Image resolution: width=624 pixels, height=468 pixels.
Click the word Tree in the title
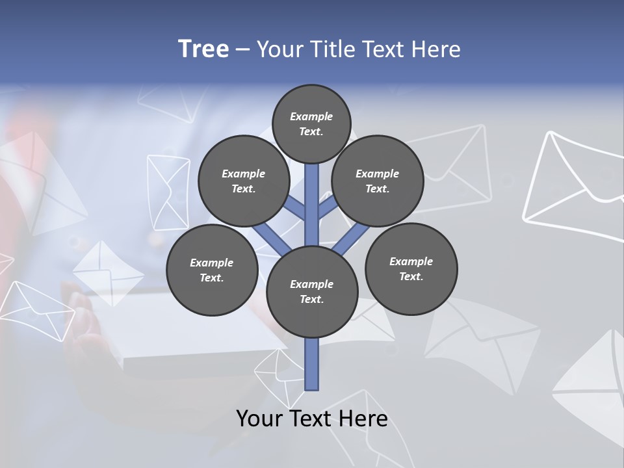point(203,49)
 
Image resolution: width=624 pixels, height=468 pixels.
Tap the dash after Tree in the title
point(242,50)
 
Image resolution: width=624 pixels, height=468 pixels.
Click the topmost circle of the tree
point(311,123)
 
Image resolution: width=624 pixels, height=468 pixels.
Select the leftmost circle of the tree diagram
point(212,270)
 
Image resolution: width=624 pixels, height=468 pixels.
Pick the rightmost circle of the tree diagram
point(411,269)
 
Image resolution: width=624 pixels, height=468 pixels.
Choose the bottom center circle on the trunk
point(312,292)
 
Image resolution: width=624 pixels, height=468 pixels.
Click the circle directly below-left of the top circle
point(244,181)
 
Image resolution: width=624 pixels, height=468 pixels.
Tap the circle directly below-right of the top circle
point(378,181)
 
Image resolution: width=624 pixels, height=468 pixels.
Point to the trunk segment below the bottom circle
point(312,364)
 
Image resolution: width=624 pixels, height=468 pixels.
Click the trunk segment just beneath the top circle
point(312,188)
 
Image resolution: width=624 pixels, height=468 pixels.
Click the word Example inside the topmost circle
point(311,116)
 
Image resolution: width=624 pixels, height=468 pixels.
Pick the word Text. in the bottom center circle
point(311,300)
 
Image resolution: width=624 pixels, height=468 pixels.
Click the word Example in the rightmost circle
point(411,261)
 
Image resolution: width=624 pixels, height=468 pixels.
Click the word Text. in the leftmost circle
point(211,278)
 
